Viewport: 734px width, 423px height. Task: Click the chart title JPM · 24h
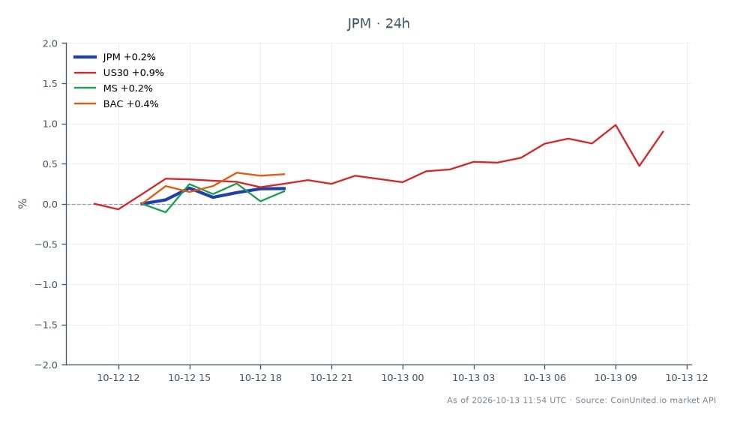click(x=378, y=23)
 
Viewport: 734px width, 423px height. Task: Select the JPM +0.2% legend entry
click(x=115, y=57)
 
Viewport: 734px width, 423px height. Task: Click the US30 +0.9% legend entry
click(x=119, y=73)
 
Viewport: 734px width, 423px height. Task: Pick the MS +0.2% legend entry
click(x=113, y=88)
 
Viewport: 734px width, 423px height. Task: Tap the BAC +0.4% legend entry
click(x=116, y=104)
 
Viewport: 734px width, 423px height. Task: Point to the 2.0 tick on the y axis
click(x=50, y=43)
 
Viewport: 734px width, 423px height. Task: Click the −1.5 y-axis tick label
click(x=46, y=325)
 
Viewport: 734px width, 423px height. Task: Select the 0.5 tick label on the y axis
click(x=50, y=164)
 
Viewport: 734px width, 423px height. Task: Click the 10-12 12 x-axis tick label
click(x=118, y=377)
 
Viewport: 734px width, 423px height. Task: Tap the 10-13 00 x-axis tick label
click(x=403, y=377)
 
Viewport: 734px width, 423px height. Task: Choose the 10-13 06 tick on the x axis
click(x=544, y=377)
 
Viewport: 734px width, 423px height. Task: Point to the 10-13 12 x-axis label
click(x=687, y=377)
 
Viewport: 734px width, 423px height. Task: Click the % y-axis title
click(x=22, y=204)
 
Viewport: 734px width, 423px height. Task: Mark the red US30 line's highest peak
click(x=616, y=125)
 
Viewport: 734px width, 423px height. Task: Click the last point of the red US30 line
click(x=664, y=132)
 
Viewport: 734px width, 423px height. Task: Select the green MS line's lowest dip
click(x=166, y=212)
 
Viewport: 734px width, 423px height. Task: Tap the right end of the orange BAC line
click(x=285, y=174)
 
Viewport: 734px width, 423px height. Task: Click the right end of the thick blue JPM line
click(x=285, y=189)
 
